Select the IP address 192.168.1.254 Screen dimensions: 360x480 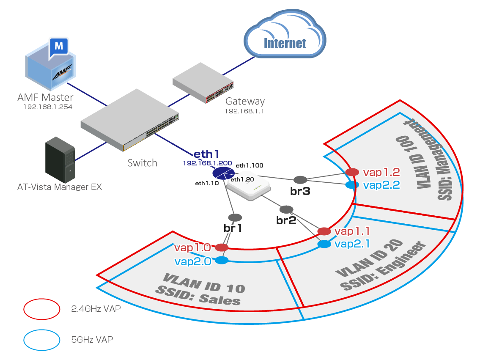[x=48, y=107]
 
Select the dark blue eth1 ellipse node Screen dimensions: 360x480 [x=223, y=173]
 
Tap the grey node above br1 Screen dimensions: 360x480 [x=235, y=217]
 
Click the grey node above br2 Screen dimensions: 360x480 [x=286, y=209]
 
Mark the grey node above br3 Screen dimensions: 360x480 [x=300, y=180]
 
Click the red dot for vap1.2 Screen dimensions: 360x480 [x=352, y=172]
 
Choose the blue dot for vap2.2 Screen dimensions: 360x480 [x=350, y=185]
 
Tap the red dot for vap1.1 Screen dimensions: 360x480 [x=324, y=231]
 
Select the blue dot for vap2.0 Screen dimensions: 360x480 [x=222, y=261]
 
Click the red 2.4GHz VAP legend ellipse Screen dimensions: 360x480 [x=41, y=309]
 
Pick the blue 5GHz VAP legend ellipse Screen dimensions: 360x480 [x=41, y=339]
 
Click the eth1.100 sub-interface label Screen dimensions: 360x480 [x=249, y=166]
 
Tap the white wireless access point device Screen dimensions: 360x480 [x=249, y=189]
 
